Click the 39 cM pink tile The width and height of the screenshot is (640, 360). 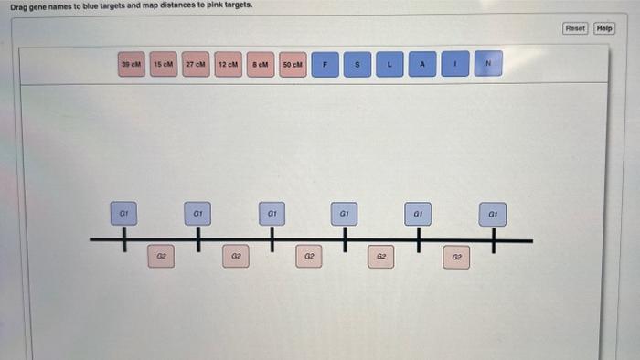click(132, 64)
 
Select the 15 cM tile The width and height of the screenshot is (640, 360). click(164, 64)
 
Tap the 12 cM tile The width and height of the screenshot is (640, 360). click(228, 64)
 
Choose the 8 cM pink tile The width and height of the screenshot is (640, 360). click(261, 64)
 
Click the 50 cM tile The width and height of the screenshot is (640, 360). click(293, 64)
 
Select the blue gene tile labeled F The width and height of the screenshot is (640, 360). click(325, 64)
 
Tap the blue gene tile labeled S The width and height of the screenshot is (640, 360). click(357, 64)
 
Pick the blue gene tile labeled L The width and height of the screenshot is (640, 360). click(389, 64)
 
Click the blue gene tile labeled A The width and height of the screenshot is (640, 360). click(422, 64)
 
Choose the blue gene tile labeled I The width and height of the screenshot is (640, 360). click(455, 64)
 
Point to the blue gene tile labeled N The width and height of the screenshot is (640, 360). click(488, 64)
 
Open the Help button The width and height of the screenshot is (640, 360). click(604, 28)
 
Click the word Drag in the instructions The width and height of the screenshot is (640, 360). click(18, 5)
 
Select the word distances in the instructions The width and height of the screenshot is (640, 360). click(170, 5)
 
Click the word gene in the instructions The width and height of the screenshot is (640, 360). click(39, 5)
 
